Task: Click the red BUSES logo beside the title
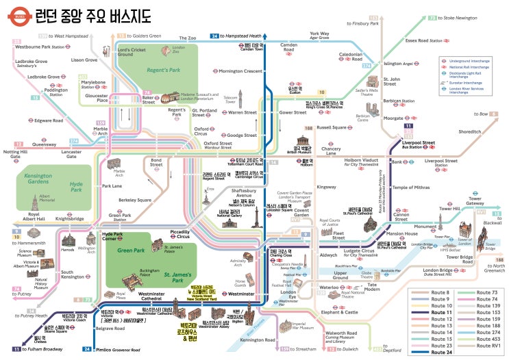[20, 14]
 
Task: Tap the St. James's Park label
[177, 277]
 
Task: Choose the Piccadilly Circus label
[179, 225]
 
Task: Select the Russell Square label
[331, 127]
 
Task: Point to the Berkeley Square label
[135, 201]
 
